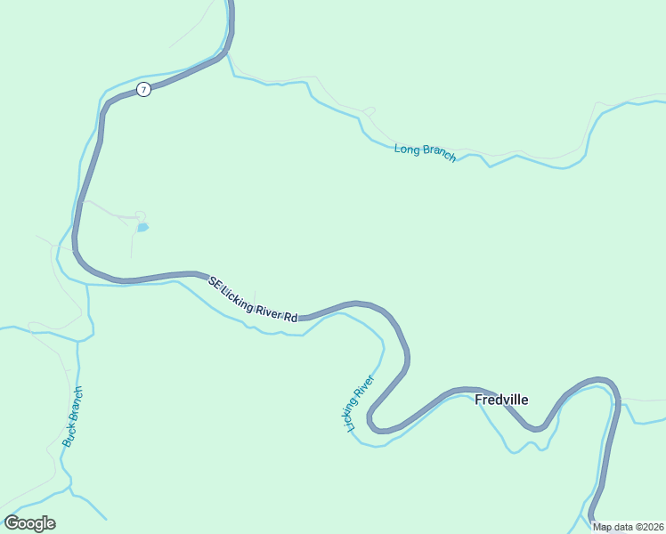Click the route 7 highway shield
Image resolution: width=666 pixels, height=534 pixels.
pos(143,90)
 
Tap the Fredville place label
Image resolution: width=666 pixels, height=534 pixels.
pos(501,400)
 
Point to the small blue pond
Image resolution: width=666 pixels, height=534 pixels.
pos(142,228)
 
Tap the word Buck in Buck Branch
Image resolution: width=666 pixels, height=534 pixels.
pos(69,434)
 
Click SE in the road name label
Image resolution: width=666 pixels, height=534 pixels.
pos(214,281)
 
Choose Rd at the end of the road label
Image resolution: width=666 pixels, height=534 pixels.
pos(290,316)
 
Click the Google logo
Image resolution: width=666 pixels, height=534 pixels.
pos(29,523)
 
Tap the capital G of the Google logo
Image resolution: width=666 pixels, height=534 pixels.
pos(11,522)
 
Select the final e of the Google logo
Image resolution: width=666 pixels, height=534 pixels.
pos(50,524)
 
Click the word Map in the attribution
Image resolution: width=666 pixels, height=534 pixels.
pos(602,527)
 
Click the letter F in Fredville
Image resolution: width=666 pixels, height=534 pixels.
pos(479,400)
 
